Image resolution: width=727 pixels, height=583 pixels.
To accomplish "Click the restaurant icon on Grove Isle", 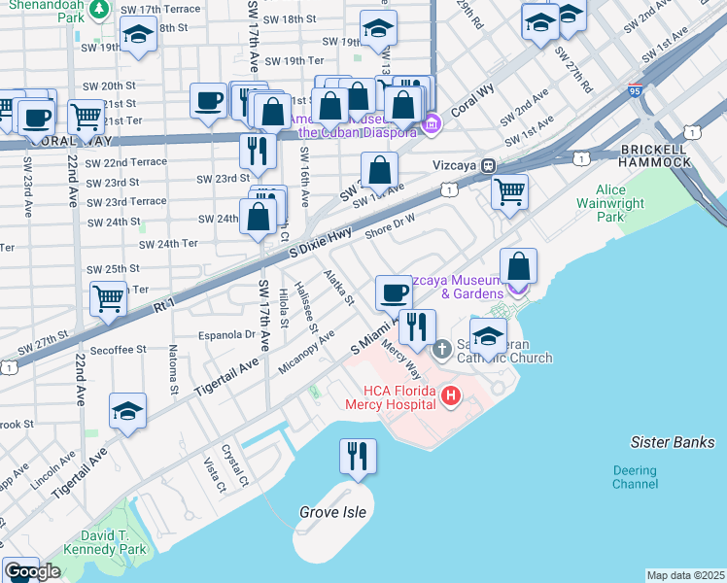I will pyautogui.click(x=357, y=456).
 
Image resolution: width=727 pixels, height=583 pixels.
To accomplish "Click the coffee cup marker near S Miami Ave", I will pyautogui.click(x=394, y=291).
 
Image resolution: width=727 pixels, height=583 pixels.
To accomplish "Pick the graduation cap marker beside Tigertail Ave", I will pyautogui.click(x=127, y=411).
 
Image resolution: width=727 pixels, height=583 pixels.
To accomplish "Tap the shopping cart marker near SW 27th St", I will pyautogui.click(x=108, y=298).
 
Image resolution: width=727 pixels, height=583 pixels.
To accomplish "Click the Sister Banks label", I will pyautogui.click(x=672, y=442).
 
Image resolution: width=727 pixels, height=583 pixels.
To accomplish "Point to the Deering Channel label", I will pyautogui.click(x=635, y=477).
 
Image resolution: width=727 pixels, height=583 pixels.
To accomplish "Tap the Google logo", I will pyautogui.click(x=31, y=571).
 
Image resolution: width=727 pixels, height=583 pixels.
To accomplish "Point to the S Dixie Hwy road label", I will pyautogui.click(x=319, y=243).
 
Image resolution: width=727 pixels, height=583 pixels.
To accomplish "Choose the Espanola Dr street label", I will pyautogui.click(x=227, y=334).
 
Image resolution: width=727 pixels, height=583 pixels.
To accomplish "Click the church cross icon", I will pyautogui.click(x=441, y=348).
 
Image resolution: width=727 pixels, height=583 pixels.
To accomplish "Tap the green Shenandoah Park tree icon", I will pyautogui.click(x=98, y=10).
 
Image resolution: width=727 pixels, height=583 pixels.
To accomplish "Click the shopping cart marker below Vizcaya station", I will pyautogui.click(x=509, y=191).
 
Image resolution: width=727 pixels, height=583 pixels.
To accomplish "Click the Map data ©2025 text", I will pyautogui.click(x=685, y=575).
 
